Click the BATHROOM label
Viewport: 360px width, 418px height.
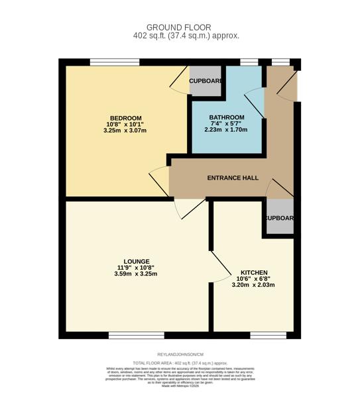click(x=226, y=117)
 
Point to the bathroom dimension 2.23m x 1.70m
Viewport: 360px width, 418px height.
click(x=226, y=130)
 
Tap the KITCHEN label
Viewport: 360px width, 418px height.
click(x=253, y=273)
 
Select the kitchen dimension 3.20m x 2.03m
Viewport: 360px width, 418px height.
click(x=253, y=286)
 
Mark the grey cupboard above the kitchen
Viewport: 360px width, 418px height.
click(x=278, y=218)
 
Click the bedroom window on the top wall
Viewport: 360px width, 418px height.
click(x=115, y=62)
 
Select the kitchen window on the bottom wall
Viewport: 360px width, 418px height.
click(x=263, y=335)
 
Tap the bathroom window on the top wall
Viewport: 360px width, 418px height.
click(x=249, y=62)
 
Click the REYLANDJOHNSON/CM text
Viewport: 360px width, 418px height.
click(x=180, y=355)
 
